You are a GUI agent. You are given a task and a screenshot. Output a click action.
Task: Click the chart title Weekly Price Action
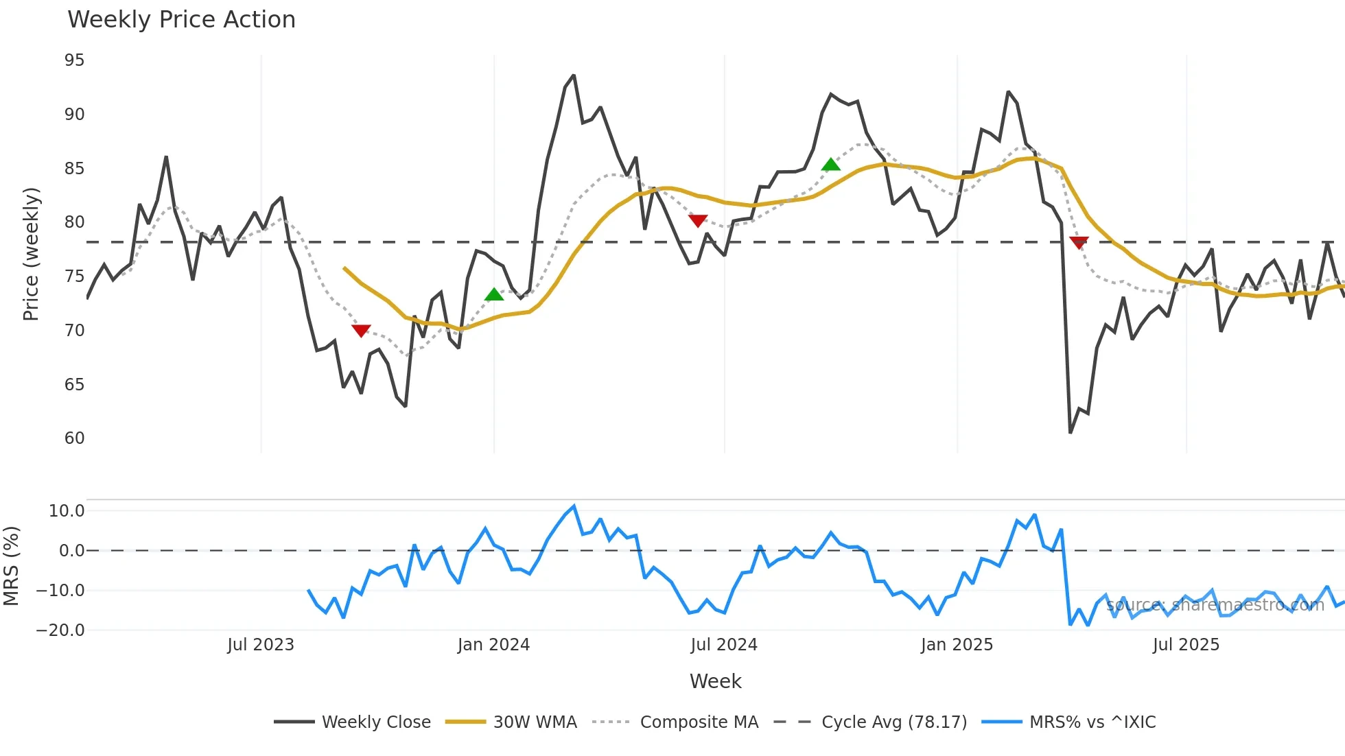[181, 20]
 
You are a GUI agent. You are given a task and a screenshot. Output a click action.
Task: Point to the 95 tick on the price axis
[74, 60]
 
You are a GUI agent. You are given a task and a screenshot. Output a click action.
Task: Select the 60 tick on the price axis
[74, 438]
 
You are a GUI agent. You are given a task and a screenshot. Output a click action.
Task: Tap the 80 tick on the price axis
[74, 222]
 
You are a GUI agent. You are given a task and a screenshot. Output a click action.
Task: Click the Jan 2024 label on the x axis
[493, 645]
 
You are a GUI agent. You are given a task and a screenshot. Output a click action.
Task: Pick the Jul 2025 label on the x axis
[1186, 645]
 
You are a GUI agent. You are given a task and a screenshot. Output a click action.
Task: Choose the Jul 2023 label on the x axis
[261, 645]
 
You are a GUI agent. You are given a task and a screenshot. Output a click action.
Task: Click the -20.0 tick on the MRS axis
[60, 630]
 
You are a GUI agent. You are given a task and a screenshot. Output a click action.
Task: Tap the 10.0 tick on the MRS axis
[67, 511]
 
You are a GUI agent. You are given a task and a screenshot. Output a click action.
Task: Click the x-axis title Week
[715, 681]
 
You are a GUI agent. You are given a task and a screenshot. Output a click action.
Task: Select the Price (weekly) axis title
[31, 254]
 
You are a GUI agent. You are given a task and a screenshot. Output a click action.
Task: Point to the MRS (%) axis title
[11, 566]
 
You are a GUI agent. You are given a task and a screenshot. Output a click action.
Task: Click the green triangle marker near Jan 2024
[494, 295]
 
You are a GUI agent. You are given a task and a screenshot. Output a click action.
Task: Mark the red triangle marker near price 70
[361, 331]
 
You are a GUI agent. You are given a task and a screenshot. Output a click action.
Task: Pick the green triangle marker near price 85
[830, 165]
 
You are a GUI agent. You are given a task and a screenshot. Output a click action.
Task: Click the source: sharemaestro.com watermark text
[1215, 605]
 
